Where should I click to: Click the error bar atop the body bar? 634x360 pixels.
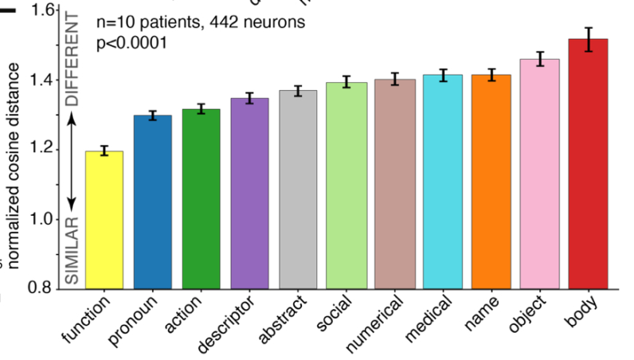click(x=589, y=39)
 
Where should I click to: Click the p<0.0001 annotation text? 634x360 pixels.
click(x=131, y=42)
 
